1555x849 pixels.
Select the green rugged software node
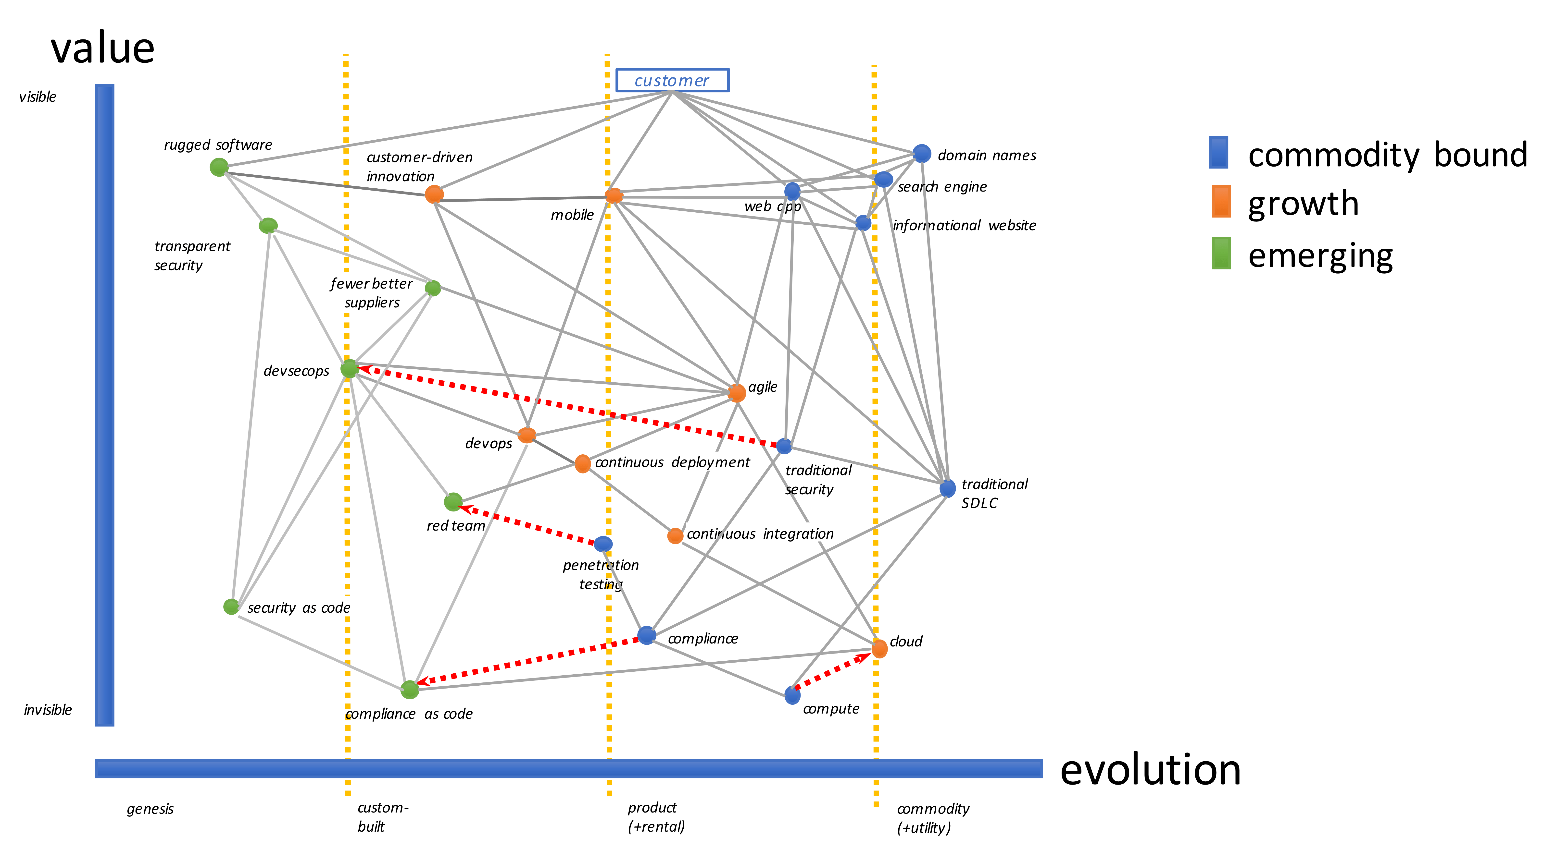pyautogui.click(x=219, y=167)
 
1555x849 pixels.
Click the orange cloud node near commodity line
pyautogui.click(x=879, y=649)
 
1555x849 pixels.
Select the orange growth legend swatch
pyautogui.click(x=1221, y=202)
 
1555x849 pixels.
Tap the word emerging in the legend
pyautogui.click(x=1320, y=256)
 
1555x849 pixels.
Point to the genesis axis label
pyautogui.click(x=150, y=809)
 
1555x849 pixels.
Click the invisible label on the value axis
pyautogui.click(x=48, y=710)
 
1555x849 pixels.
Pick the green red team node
pyautogui.click(x=453, y=501)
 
